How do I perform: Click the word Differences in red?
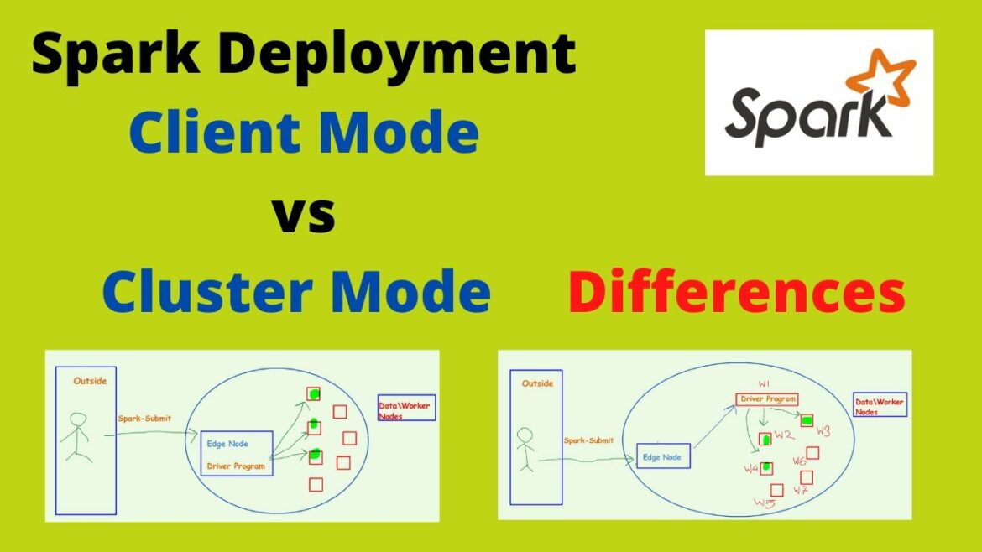click(736, 293)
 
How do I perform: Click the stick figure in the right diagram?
click(525, 449)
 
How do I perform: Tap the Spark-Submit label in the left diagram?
click(145, 418)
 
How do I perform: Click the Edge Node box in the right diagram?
click(663, 456)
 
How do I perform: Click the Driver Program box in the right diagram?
click(766, 399)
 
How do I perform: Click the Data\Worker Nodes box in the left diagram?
click(406, 410)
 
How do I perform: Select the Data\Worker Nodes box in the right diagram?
click(880, 405)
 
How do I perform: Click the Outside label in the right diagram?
click(537, 383)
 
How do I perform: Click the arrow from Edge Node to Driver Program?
click(712, 428)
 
